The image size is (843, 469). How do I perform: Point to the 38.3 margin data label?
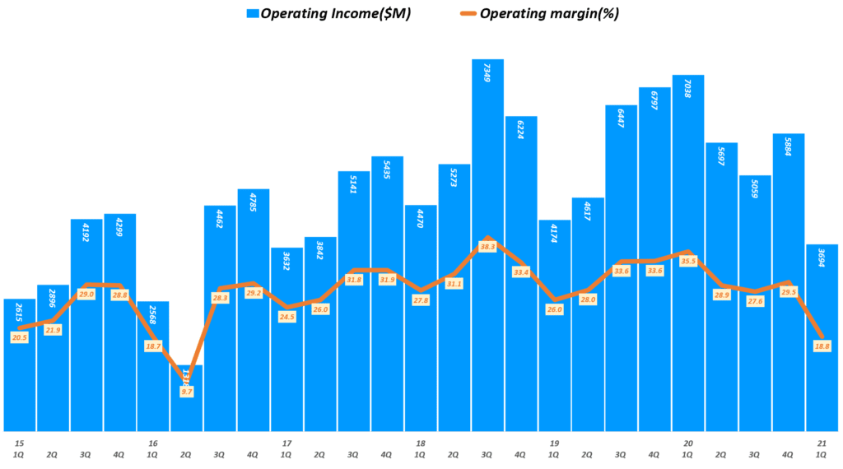(x=487, y=247)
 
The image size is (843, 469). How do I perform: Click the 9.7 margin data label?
(x=187, y=392)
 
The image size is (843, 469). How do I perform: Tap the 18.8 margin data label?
(x=822, y=346)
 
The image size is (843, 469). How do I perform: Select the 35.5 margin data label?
(x=688, y=261)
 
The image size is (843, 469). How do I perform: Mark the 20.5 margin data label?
(x=20, y=337)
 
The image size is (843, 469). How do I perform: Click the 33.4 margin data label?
(x=521, y=272)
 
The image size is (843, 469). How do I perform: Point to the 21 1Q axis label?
(x=822, y=448)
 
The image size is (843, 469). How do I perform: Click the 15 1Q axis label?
(x=18, y=448)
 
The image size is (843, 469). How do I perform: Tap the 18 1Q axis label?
(x=420, y=448)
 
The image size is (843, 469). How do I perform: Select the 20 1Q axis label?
(x=688, y=448)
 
